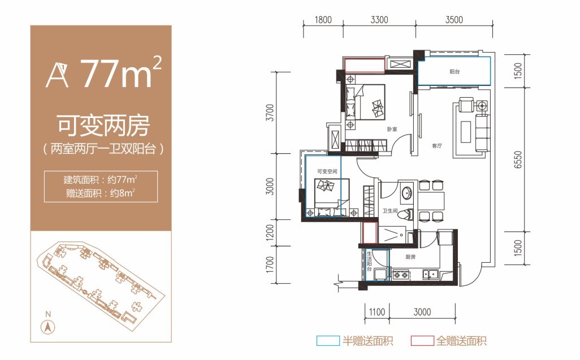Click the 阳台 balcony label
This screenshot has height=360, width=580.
pyautogui.click(x=454, y=72)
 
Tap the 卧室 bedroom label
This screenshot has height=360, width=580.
pyautogui.click(x=392, y=129)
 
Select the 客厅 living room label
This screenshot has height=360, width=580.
pyautogui.click(x=436, y=146)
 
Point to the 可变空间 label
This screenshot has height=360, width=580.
pyautogui.click(x=326, y=171)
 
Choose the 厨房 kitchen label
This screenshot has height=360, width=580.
pyautogui.click(x=410, y=257)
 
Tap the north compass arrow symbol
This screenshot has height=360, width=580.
pyautogui.click(x=49, y=326)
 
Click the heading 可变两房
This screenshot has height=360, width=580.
pyautogui.click(x=102, y=125)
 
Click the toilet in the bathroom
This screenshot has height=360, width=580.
pyautogui.click(x=408, y=215)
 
